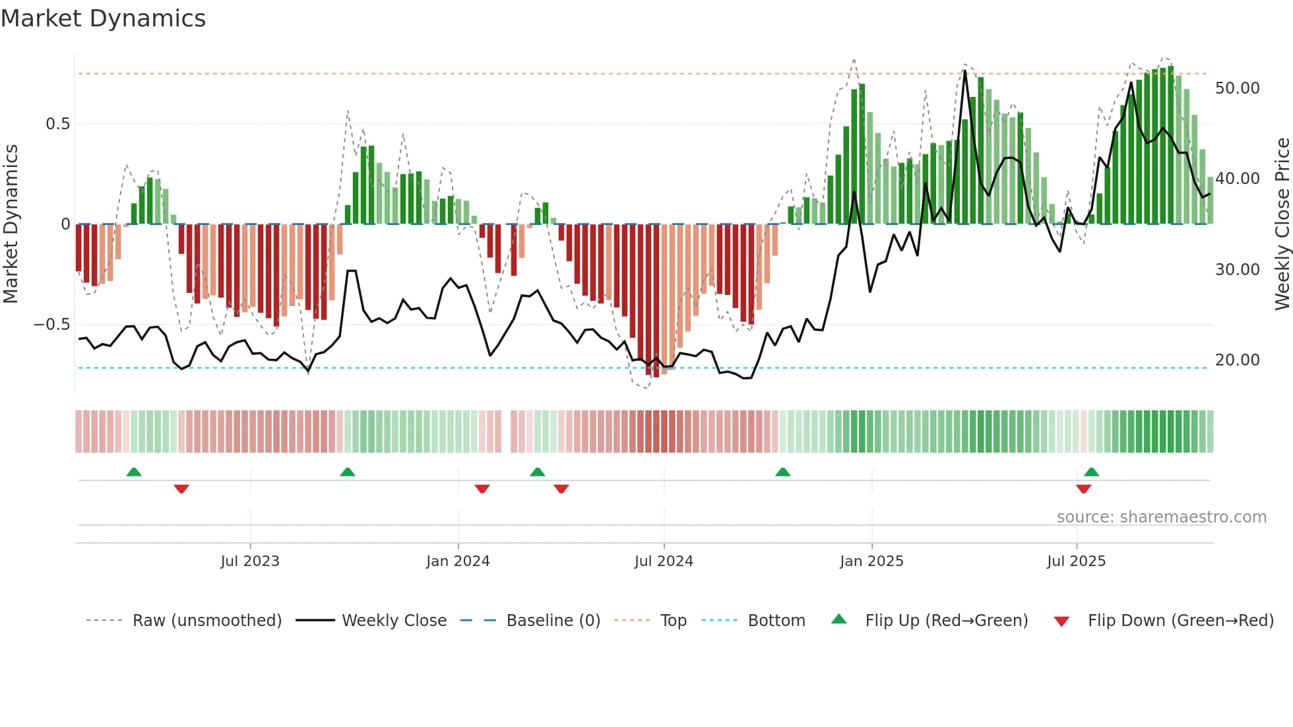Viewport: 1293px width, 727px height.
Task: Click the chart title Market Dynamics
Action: coord(103,18)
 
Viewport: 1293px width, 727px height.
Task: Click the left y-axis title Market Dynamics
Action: coord(11,224)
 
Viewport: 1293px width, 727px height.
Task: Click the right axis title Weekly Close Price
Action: coord(1282,224)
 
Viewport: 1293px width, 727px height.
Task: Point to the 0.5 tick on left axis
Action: coord(57,124)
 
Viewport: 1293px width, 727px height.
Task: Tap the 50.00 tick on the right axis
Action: coord(1237,88)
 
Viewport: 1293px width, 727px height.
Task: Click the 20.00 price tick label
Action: coord(1237,360)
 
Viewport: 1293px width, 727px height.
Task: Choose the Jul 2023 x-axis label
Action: coord(250,561)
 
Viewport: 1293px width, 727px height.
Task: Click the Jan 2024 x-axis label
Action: coord(458,561)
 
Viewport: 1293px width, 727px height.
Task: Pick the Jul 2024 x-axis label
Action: coord(664,561)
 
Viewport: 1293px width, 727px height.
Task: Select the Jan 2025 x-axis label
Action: coord(871,561)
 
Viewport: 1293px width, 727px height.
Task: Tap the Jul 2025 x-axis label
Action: coord(1076,561)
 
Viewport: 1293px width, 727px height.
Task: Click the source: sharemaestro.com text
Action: coord(1161,517)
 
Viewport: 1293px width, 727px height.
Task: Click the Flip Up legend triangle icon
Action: coord(838,619)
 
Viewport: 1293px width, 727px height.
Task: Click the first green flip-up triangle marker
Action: coord(134,472)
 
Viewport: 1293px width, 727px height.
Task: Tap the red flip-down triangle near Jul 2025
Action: coord(1083,489)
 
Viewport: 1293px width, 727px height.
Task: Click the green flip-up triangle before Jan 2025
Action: coord(782,472)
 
